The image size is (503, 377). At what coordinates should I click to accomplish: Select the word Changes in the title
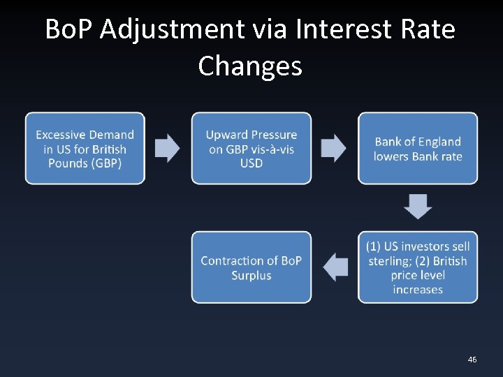coord(250,66)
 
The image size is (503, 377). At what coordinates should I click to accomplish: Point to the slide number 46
coord(472,360)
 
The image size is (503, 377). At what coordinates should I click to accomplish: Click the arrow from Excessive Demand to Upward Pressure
coord(167,148)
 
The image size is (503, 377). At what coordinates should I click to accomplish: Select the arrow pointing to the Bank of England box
coord(333,148)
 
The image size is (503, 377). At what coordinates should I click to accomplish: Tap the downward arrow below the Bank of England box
coord(418,207)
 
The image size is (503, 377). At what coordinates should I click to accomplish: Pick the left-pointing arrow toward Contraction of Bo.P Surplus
coord(335,267)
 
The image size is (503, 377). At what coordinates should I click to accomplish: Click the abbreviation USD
coord(251,163)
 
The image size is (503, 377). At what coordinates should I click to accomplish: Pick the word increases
coord(418,289)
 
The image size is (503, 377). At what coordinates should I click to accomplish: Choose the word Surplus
coord(251,275)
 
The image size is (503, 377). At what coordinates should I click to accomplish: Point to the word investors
coord(427,246)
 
